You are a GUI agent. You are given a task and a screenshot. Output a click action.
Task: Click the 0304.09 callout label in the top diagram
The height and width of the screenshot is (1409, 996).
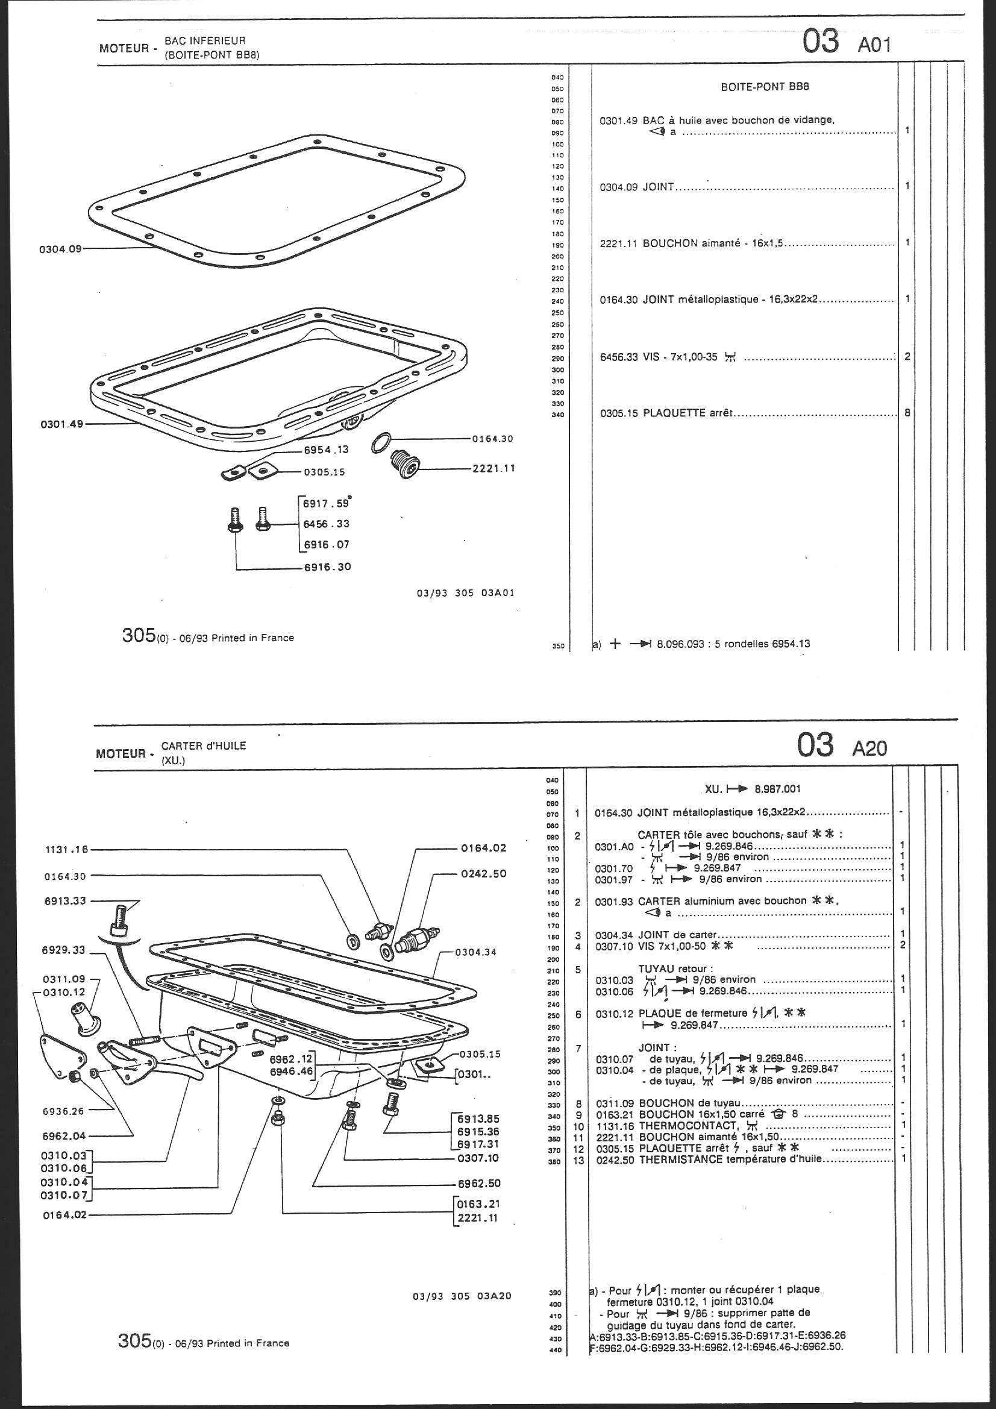coord(60,249)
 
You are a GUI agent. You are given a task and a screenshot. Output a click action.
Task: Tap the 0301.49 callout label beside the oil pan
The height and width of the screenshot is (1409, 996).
coord(61,424)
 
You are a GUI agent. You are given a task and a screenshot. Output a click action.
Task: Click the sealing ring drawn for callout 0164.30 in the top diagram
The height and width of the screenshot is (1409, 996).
coord(380,443)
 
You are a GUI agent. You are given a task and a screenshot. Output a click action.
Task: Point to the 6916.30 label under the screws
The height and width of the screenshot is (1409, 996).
coord(328,567)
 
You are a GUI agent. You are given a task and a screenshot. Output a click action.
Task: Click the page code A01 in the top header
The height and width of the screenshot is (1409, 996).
coord(874,45)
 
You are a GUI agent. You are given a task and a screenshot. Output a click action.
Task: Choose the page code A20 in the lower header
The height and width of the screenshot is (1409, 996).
coord(869,748)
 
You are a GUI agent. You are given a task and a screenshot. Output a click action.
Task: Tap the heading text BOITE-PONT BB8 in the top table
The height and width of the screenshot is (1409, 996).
coord(765,87)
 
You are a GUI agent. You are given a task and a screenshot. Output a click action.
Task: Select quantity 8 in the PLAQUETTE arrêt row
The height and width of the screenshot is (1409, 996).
coord(907,413)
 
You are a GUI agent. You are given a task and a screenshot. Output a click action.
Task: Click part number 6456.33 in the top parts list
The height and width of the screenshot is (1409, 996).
coord(619,357)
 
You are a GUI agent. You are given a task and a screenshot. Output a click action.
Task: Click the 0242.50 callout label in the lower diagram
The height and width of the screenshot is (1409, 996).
coord(484,874)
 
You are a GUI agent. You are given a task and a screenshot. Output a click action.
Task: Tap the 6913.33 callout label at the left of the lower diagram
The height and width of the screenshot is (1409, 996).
coord(66,902)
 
